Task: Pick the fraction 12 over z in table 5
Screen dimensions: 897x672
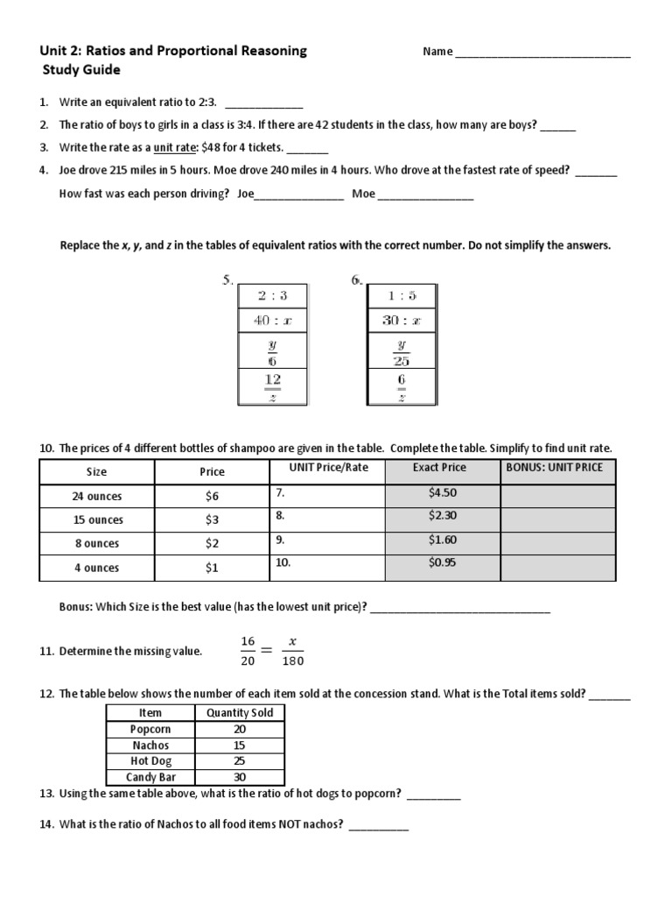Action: pos(272,386)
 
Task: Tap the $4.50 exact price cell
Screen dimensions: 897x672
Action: pos(443,493)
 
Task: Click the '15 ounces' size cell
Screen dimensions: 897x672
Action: pos(96,519)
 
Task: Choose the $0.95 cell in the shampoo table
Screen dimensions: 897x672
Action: pos(443,563)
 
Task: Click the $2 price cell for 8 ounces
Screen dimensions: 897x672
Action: pos(212,544)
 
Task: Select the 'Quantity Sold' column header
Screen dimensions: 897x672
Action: pos(240,713)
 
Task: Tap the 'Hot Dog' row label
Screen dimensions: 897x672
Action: pos(150,761)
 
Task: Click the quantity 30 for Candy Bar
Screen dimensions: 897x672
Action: pos(240,777)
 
